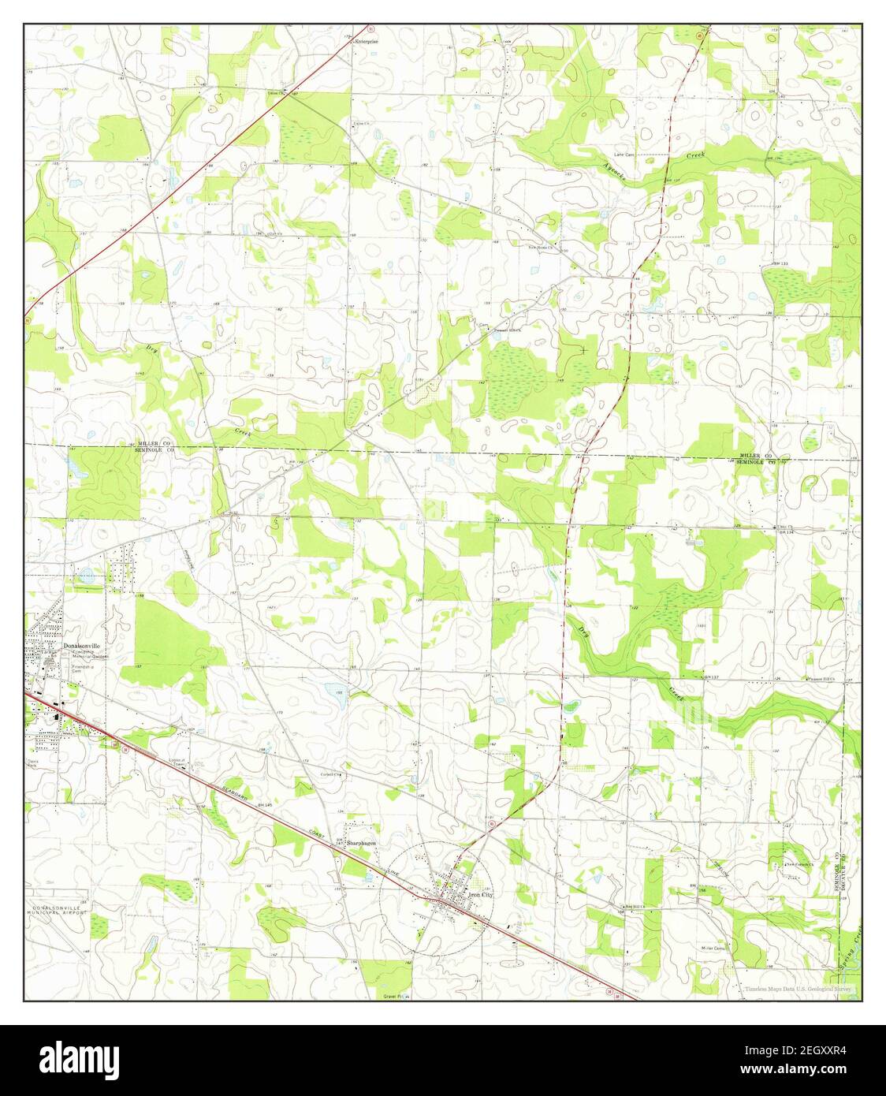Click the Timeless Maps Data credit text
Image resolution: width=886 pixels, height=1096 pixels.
tap(798, 989)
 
